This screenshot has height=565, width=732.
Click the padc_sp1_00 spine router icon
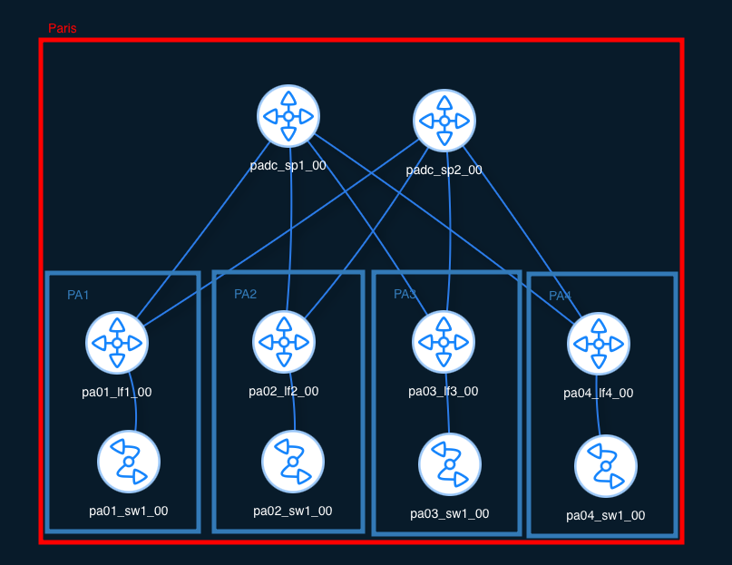coord(288,116)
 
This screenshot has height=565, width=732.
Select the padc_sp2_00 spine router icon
coord(444,121)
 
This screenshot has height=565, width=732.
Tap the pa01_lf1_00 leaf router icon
coord(117,342)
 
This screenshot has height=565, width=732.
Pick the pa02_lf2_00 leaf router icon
coord(283,342)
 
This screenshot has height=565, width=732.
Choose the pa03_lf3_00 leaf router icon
coord(444,342)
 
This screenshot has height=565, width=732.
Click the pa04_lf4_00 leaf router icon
coord(599,344)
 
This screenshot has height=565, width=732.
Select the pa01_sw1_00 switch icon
coord(129,461)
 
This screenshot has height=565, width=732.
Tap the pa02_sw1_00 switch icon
coord(292,461)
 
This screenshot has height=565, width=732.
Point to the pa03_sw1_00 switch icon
coord(449,463)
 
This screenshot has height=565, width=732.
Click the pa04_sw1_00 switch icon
coord(606,465)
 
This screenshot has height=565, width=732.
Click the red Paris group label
coord(63,28)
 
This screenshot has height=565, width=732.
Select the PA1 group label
coord(78,295)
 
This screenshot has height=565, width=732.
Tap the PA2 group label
coord(245,294)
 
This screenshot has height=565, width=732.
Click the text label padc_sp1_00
coord(288,165)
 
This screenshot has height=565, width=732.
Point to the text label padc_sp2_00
coord(444,170)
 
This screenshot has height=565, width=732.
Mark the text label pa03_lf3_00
coord(443,391)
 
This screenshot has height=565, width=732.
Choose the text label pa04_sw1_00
coord(605,515)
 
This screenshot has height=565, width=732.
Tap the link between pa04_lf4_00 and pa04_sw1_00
coord(598,405)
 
